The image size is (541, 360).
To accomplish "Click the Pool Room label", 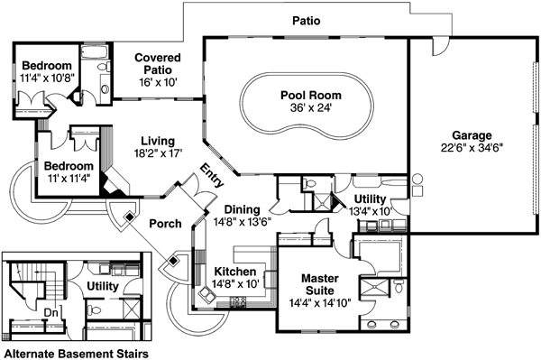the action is [310, 96].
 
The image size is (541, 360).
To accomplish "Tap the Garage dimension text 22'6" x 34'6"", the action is [472, 148].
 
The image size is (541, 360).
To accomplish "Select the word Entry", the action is [212, 175].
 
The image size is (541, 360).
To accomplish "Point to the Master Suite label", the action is [319, 284].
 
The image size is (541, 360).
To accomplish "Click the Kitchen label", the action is [235, 272].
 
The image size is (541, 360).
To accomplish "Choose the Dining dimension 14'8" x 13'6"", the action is [243, 222].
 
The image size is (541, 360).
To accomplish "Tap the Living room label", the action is [158, 141].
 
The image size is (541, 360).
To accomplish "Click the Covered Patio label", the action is [158, 63].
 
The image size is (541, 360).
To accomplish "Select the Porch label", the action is [165, 224].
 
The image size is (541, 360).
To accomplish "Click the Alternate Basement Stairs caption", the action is [77, 354].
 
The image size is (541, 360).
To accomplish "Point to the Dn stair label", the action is [50, 313].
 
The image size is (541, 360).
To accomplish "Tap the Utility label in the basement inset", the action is [103, 286].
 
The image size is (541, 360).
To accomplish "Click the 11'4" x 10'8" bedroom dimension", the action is [47, 78].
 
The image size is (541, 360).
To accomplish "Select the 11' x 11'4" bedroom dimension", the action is [69, 179].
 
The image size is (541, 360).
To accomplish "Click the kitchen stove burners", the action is [238, 302].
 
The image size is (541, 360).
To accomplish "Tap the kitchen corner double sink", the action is [207, 294].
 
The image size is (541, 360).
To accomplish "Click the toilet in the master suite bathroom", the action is [399, 286].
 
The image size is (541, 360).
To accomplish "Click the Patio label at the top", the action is [307, 21].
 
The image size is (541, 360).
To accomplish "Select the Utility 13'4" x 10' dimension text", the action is [371, 211].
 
